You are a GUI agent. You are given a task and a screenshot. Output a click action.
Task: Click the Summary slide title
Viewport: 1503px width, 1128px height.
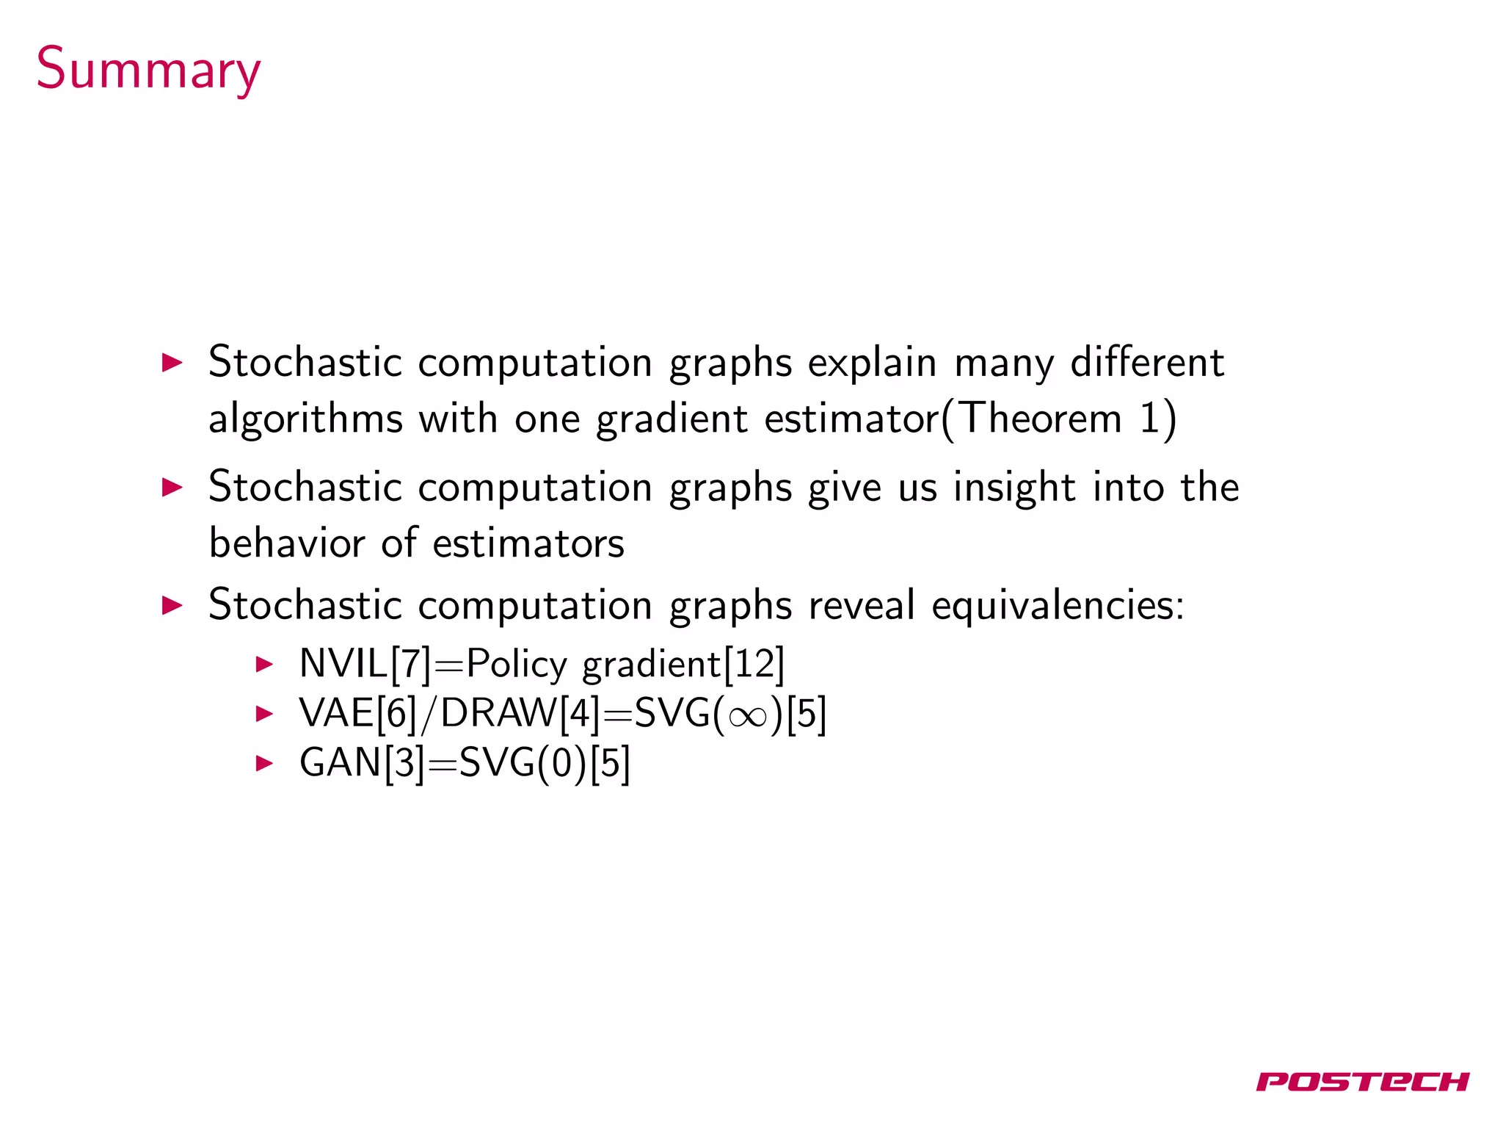[148, 70]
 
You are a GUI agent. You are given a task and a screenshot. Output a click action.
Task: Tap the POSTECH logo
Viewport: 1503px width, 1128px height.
[1361, 1081]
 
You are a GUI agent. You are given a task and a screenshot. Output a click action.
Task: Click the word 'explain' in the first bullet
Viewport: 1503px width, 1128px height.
[872, 363]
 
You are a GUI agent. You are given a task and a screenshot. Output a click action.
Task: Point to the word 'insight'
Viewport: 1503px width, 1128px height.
[1013, 488]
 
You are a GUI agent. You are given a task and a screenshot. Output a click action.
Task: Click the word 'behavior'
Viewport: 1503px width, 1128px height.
[286, 543]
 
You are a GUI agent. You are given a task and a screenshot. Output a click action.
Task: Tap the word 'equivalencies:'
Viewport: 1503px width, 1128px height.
[1058, 606]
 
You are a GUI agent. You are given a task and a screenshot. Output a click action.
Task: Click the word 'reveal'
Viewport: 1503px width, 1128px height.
[861, 606]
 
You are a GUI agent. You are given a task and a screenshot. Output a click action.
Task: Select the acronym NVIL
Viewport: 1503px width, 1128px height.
[343, 664]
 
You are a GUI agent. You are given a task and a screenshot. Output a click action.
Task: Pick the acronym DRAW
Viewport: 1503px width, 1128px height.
[498, 713]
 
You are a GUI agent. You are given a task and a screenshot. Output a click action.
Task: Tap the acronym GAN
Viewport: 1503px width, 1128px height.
[340, 763]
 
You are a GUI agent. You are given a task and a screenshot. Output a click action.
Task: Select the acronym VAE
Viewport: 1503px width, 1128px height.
[336, 713]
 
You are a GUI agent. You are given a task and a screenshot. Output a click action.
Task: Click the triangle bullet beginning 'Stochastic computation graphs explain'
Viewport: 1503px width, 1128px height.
[172, 363]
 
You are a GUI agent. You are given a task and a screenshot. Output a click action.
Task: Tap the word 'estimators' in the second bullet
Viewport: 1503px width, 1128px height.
[528, 543]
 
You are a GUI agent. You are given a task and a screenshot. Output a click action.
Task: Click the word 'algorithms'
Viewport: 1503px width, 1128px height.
[305, 419]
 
